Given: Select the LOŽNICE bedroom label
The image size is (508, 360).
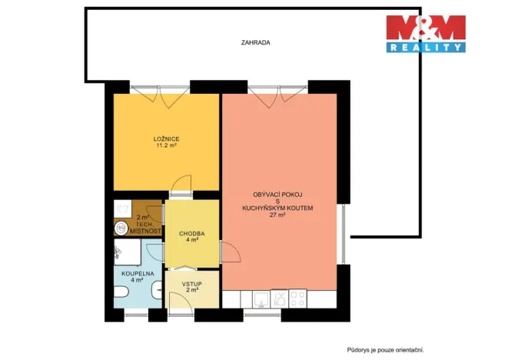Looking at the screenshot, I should [x=166, y=138].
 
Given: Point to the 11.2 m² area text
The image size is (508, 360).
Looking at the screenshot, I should [x=166, y=145].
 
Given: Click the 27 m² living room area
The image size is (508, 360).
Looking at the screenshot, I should [x=277, y=215].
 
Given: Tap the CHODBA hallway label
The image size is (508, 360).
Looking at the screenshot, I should [x=191, y=232].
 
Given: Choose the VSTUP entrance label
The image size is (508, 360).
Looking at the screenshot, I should [x=191, y=283].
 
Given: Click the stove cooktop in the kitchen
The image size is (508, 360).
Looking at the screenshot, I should [x=299, y=299].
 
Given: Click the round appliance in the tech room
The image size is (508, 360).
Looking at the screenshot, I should [x=121, y=228].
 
